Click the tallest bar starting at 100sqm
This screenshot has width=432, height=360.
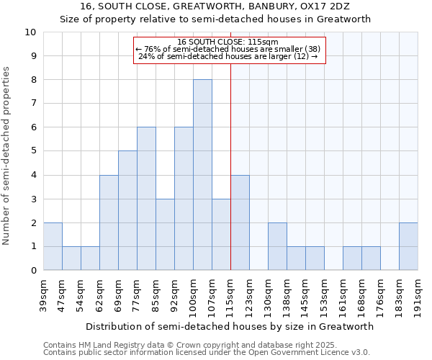202,175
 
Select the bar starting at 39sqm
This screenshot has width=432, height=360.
53,246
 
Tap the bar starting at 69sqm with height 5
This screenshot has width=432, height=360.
127,210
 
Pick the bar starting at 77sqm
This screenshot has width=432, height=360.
146,199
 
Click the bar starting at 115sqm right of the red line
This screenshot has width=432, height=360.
240,222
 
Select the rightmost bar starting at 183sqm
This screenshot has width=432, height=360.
408,246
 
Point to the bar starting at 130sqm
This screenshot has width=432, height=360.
277,246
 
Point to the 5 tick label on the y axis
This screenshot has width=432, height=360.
32,151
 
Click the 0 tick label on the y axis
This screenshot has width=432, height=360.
32,271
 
